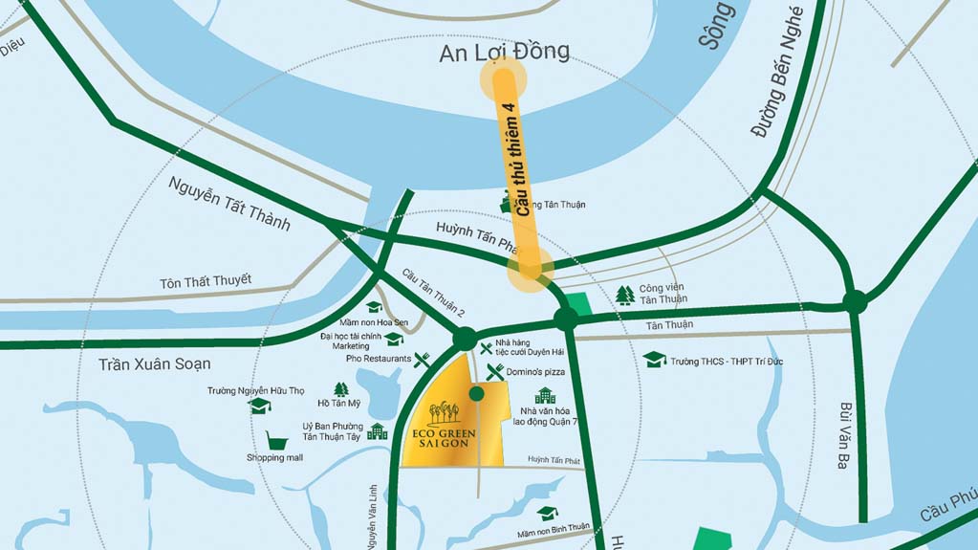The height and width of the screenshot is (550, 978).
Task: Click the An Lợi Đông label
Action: pos(504,52)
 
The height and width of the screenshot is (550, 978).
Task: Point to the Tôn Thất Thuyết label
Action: pos(206,281)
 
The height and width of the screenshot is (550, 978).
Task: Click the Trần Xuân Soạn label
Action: pos(155,364)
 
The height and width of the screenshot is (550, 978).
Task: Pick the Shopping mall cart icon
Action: pos(277,440)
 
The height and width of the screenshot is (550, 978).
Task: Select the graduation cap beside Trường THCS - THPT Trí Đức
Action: pos(654,360)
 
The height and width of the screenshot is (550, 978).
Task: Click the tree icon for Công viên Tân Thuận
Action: pos(625,294)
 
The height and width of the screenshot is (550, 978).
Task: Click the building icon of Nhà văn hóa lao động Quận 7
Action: pos(545,396)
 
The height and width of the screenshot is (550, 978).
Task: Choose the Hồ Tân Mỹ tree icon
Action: pos(341,389)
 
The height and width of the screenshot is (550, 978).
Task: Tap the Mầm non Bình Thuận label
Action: pos(554,527)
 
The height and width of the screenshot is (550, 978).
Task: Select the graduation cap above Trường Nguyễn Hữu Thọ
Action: pos(258,406)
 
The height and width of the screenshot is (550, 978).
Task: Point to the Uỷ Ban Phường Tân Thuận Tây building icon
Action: pos(378,431)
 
